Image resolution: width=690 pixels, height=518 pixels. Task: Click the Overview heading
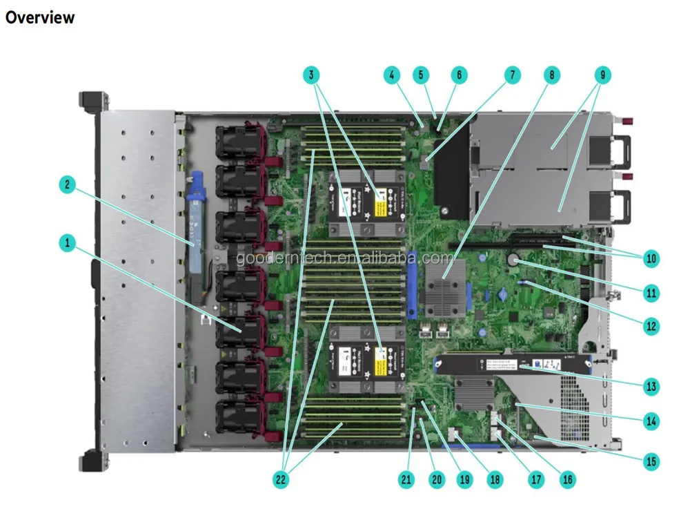coord(39,17)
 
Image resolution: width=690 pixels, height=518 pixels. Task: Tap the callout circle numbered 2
coord(68,184)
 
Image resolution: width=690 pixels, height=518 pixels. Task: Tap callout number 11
coord(651,292)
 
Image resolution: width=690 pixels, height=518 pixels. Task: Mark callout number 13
coord(651,386)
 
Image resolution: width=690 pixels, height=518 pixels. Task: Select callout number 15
coord(651,461)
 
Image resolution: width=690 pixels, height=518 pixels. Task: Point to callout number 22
coord(282,478)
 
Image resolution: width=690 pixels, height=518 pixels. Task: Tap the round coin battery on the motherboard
coord(514,260)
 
